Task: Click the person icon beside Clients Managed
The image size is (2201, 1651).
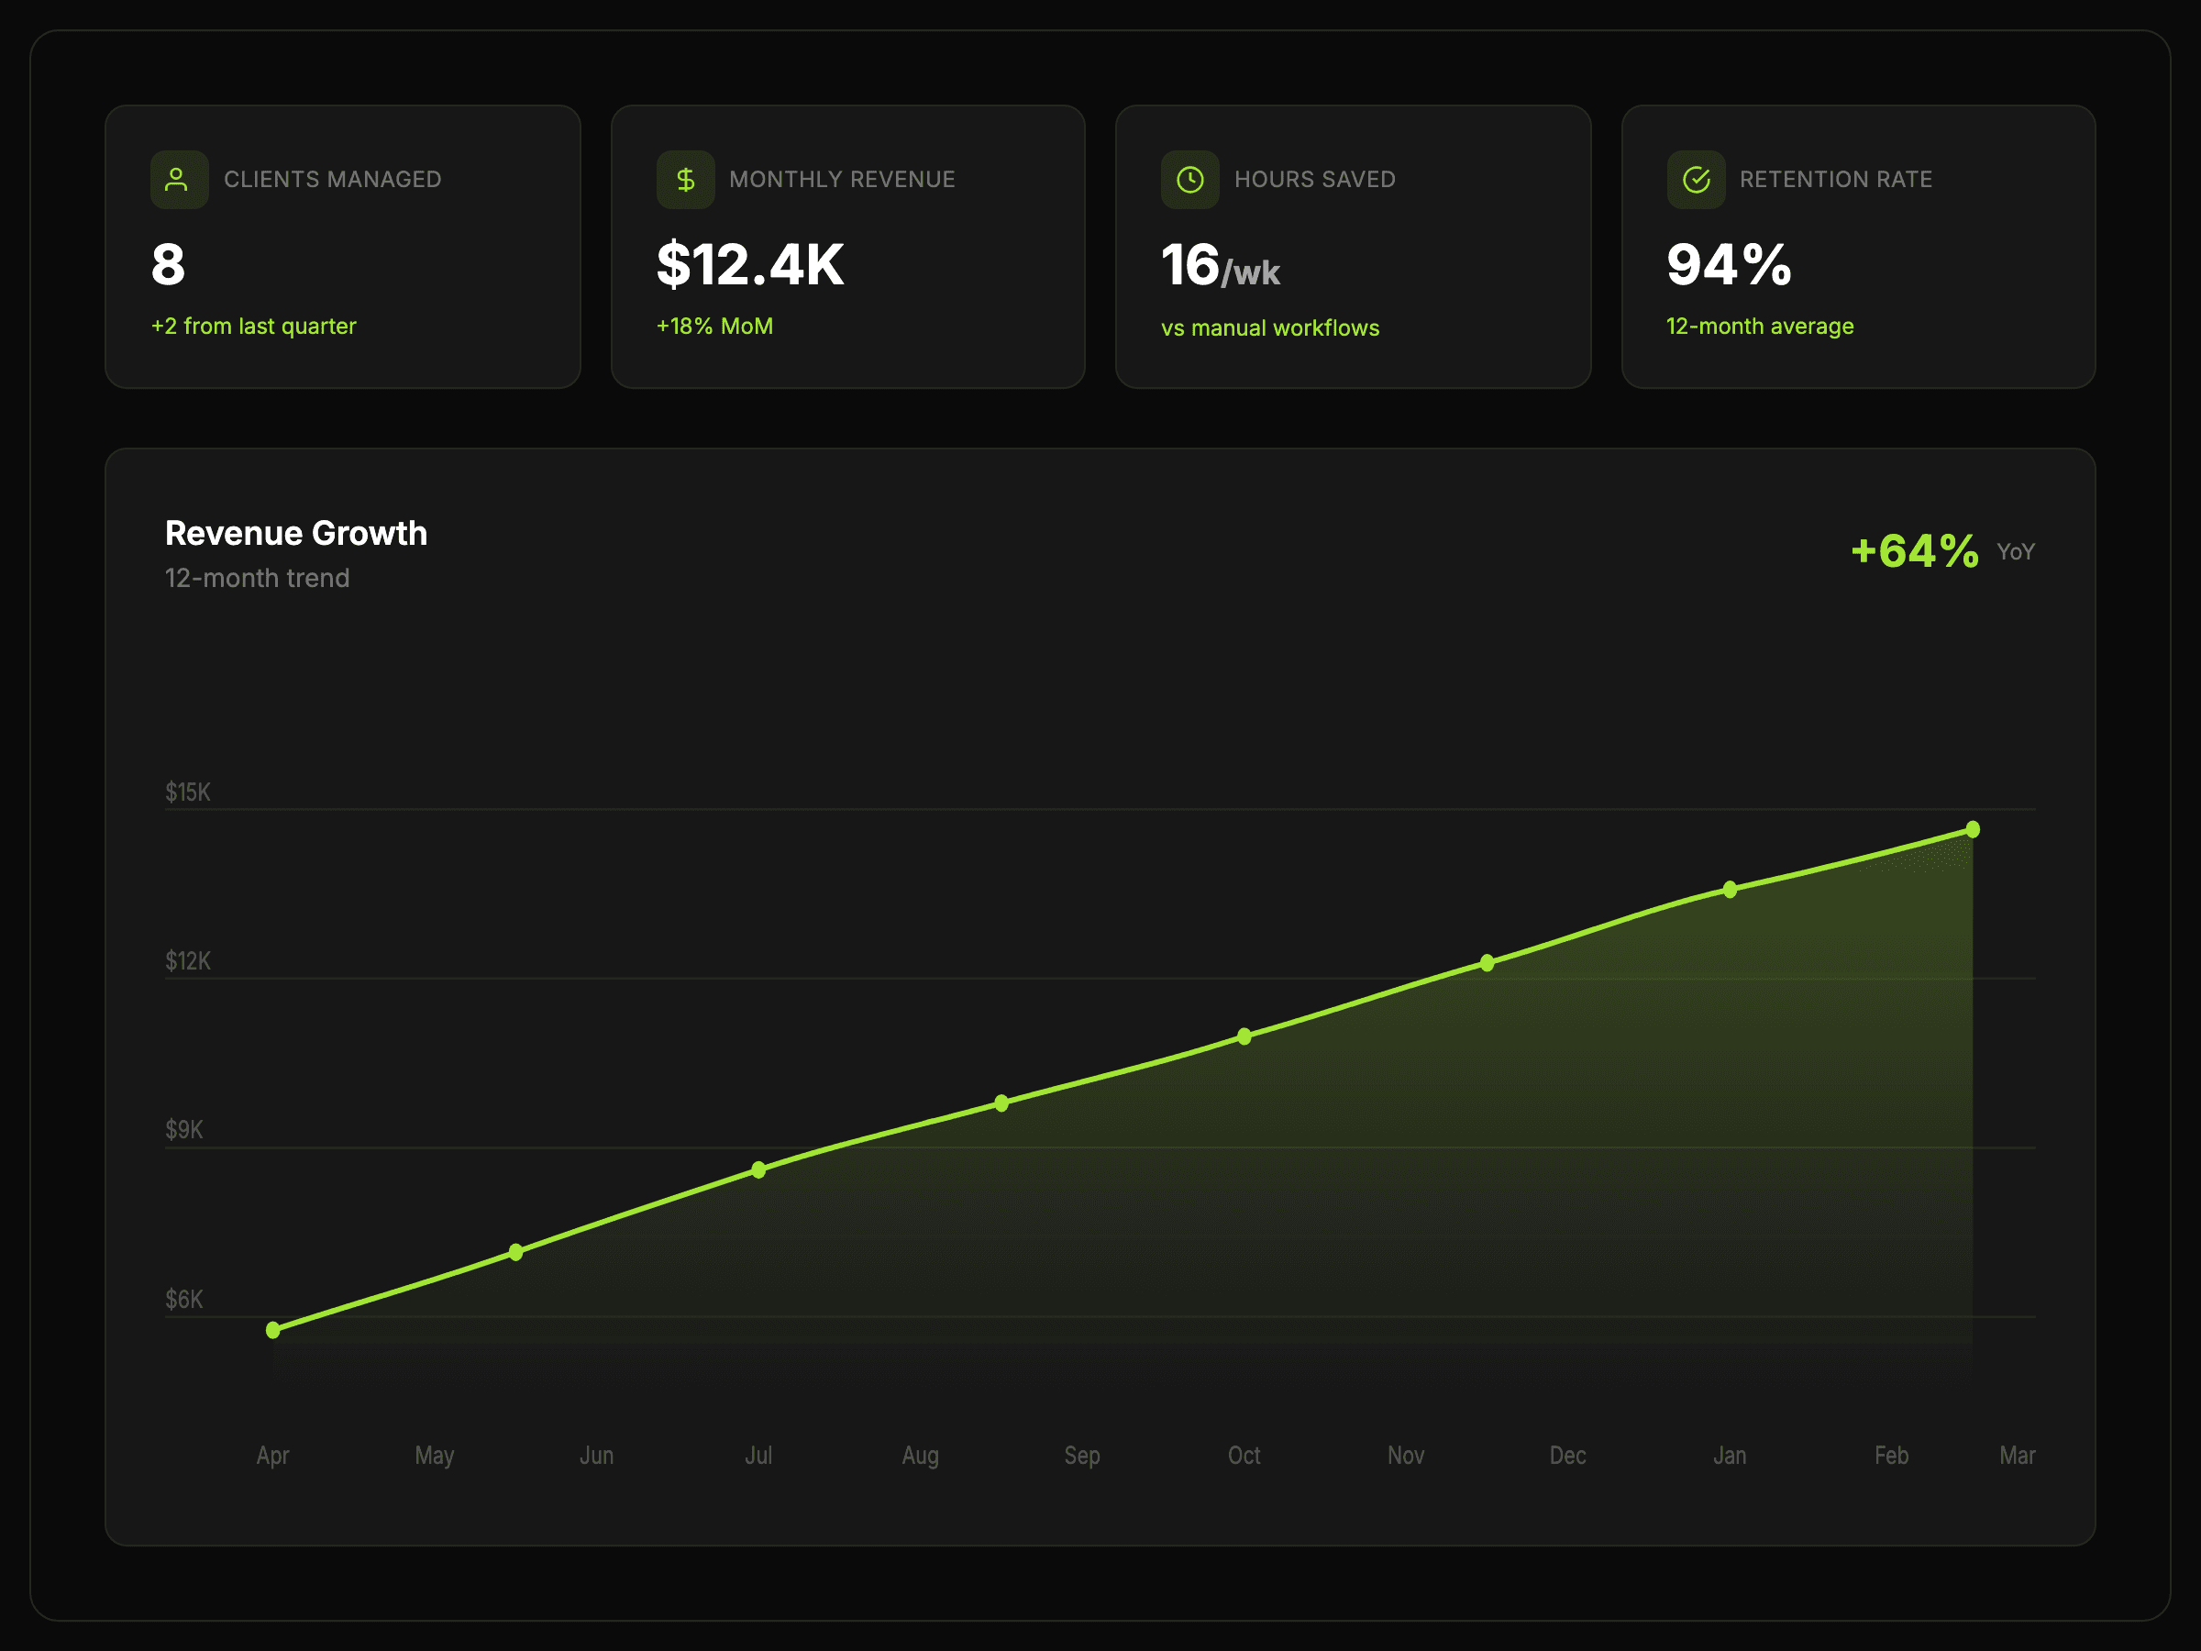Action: tap(177, 179)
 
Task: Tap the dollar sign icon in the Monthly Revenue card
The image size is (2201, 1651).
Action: tap(686, 179)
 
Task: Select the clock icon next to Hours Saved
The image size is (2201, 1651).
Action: tap(1190, 179)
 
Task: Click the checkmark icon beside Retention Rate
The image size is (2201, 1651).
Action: tap(1696, 179)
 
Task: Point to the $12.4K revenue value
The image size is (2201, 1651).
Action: tap(750, 265)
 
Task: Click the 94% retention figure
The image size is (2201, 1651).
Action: tap(1730, 265)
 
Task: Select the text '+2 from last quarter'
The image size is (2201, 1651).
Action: tap(254, 327)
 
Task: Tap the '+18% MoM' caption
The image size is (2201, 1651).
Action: tap(714, 327)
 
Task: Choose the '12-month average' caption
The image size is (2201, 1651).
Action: tap(1760, 327)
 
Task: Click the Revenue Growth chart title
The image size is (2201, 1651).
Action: tap(296, 534)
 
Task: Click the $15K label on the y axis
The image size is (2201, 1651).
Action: tap(188, 792)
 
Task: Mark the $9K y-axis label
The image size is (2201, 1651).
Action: tap(184, 1129)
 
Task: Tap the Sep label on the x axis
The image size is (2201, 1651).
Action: tap(1082, 1456)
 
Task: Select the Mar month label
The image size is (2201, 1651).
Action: tap(2017, 1456)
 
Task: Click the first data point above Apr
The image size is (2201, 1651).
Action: tap(273, 1330)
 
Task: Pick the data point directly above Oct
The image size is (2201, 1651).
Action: tap(1244, 1036)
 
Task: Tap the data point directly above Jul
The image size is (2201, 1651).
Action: tap(759, 1169)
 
